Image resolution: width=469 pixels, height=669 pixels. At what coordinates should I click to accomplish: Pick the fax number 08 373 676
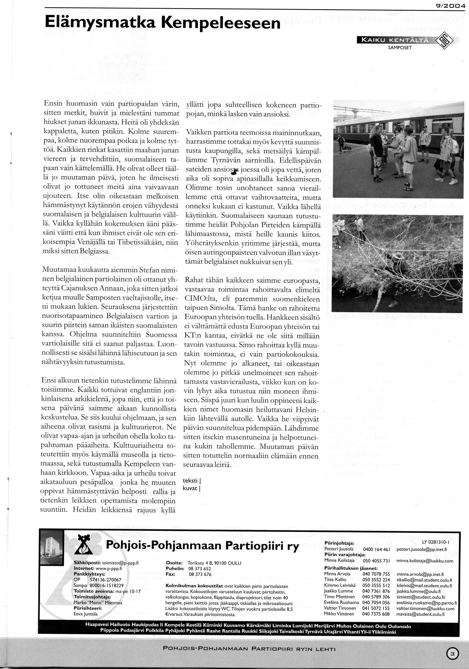click(200, 574)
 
